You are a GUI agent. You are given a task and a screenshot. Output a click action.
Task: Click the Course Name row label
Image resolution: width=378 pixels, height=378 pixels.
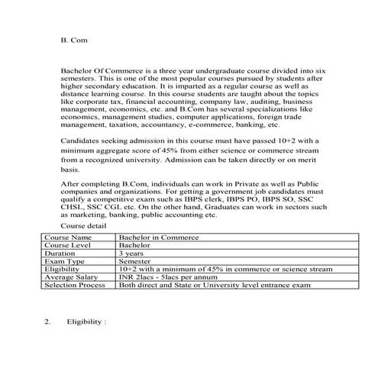(64, 238)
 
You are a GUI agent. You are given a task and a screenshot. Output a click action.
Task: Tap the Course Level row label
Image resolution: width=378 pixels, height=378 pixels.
(65, 246)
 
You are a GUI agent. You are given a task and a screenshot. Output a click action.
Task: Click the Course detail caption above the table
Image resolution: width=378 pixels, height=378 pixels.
(84, 227)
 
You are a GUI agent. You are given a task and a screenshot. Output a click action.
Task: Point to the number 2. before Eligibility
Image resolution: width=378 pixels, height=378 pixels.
(47, 323)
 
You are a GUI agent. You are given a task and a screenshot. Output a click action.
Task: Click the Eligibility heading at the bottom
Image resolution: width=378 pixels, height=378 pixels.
(86, 323)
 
